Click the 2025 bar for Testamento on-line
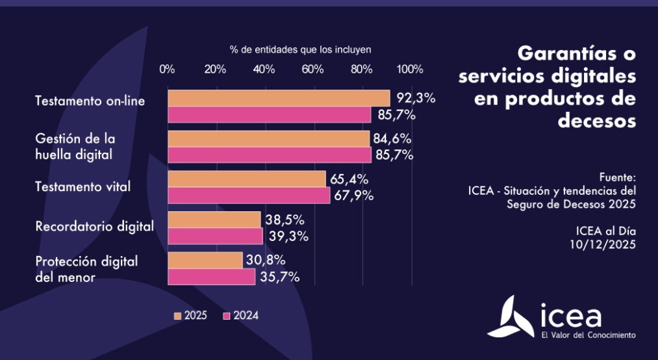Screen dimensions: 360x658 tap(279, 98)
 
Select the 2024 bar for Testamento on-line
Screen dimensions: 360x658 tap(270, 115)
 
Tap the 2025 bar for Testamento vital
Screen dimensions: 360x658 tap(247, 179)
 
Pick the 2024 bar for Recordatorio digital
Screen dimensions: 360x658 tap(215, 236)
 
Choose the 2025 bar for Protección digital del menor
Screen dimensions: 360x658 tap(205, 260)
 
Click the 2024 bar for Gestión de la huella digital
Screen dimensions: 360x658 tap(270, 155)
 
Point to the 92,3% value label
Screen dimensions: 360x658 tap(414, 99)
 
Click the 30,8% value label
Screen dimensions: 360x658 tap(266, 260)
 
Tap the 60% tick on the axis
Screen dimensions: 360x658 tap(312, 70)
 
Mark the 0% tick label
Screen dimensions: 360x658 tap(167, 70)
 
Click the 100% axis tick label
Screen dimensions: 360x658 tap(410, 70)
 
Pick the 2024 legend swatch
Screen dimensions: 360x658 tap(227, 316)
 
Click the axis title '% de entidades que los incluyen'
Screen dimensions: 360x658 tap(300, 49)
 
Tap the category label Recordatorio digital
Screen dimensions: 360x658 tap(94, 227)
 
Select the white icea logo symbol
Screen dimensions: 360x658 tap(510, 318)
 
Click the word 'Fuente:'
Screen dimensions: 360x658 tap(618, 177)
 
